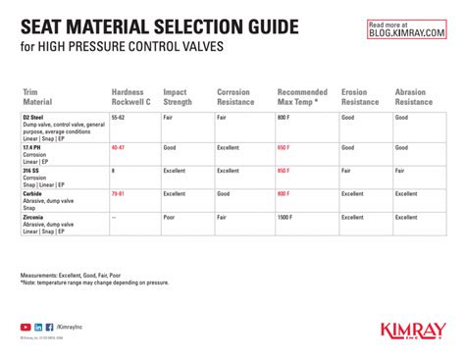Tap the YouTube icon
tap(26, 327)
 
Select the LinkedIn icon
tap(38, 327)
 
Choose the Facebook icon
tap(49, 327)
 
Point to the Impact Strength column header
tap(179, 96)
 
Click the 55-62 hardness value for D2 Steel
tap(119, 116)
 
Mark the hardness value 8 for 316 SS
tap(114, 171)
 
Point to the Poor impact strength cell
tap(171, 218)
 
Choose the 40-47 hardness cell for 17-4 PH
tap(119, 147)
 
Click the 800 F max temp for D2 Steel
tap(284, 116)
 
